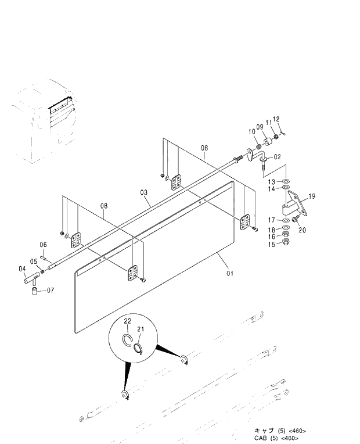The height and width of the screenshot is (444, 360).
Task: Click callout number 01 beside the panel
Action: (x=231, y=273)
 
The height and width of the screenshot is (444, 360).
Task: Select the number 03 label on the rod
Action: (x=143, y=192)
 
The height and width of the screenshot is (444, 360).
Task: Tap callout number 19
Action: (x=312, y=196)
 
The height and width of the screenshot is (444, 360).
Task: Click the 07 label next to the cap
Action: (x=50, y=290)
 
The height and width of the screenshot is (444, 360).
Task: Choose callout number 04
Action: (x=22, y=268)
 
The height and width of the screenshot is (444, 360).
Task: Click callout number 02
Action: (x=277, y=157)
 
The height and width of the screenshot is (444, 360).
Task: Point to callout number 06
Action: (x=43, y=245)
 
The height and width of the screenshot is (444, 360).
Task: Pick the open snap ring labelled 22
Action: (x=128, y=341)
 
